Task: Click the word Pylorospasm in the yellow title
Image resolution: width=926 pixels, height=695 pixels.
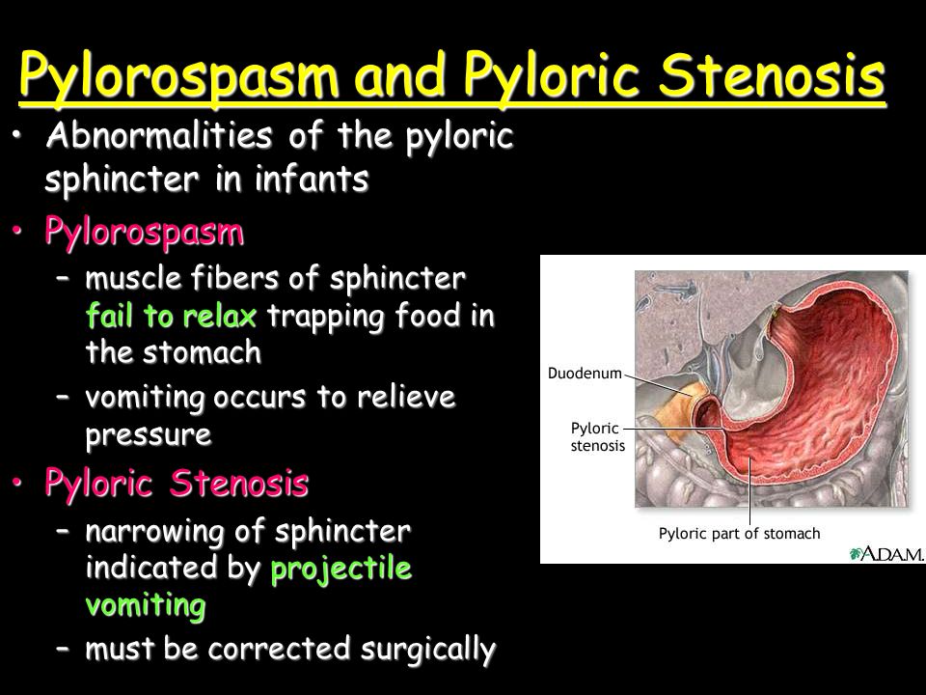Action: point(178,75)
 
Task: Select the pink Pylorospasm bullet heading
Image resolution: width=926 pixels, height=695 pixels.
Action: point(144,233)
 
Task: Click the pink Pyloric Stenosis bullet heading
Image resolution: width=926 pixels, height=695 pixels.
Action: point(177,485)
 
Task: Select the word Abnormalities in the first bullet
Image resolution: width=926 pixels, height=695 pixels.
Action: point(159,135)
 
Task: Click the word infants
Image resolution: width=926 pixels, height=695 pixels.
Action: point(313,179)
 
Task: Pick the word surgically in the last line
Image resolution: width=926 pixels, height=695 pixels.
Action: point(428,650)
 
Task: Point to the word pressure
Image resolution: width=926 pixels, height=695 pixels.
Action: point(149,436)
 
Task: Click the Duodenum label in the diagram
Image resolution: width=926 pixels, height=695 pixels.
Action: point(585,374)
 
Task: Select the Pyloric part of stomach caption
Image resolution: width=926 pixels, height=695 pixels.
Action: point(740,534)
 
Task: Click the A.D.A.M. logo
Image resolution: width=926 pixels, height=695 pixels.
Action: point(886,554)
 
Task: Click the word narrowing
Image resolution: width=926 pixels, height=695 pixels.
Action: point(154,532)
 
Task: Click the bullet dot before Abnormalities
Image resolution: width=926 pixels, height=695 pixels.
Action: point(17,135)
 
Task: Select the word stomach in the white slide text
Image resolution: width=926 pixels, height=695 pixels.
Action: point(202,353)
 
